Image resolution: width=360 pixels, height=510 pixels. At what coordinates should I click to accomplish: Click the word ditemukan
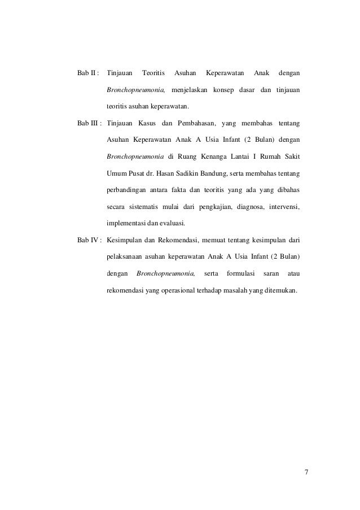point(280,290)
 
